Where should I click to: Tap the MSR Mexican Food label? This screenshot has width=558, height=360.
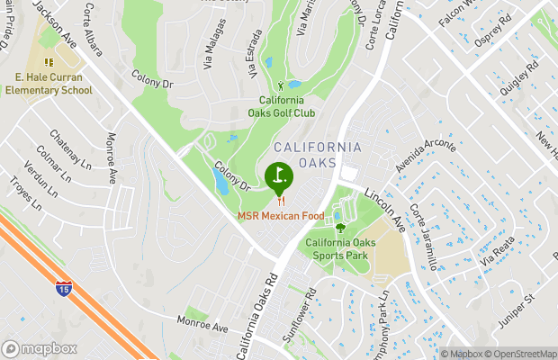(281, 216)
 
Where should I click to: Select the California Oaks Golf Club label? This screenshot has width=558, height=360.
(288, 106)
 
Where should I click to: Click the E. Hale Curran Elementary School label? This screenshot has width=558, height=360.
(48, 84)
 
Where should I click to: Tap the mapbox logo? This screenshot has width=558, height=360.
(39, 348)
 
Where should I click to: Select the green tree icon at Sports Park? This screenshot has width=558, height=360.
(341, 228)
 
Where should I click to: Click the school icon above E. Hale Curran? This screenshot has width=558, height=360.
(48, 62)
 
